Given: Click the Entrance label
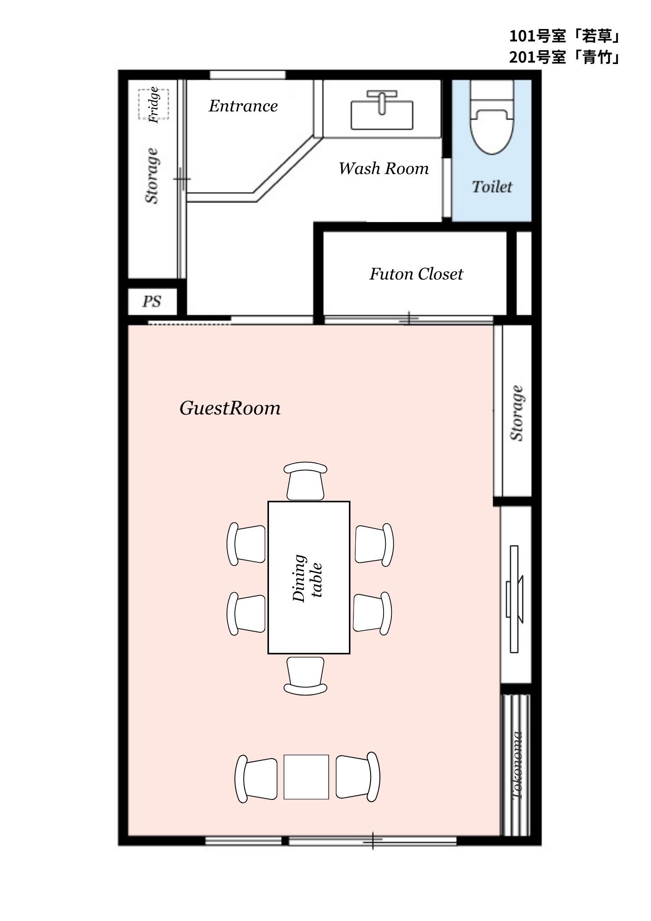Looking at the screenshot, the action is [243, 106].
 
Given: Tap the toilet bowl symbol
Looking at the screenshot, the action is [492, 117].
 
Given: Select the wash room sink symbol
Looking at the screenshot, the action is [382, 110].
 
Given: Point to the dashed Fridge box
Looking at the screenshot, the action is [154, 105].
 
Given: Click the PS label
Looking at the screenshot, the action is [151, 301].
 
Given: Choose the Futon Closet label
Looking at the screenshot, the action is [416, 274].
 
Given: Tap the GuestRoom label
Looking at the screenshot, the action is [230, 408].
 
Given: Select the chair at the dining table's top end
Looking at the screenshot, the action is [306, 481].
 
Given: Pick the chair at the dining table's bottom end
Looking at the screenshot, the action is [306, 676].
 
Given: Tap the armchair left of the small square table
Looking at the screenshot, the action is [256, 777].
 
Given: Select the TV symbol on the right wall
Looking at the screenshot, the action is [515, 599].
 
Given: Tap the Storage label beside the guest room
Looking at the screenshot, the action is [517, 413].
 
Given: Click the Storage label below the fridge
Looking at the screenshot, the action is [152, 175].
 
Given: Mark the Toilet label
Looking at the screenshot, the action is [492, 187].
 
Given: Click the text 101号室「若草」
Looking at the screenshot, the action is [565, 35].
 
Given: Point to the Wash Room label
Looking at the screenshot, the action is [384, 169].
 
